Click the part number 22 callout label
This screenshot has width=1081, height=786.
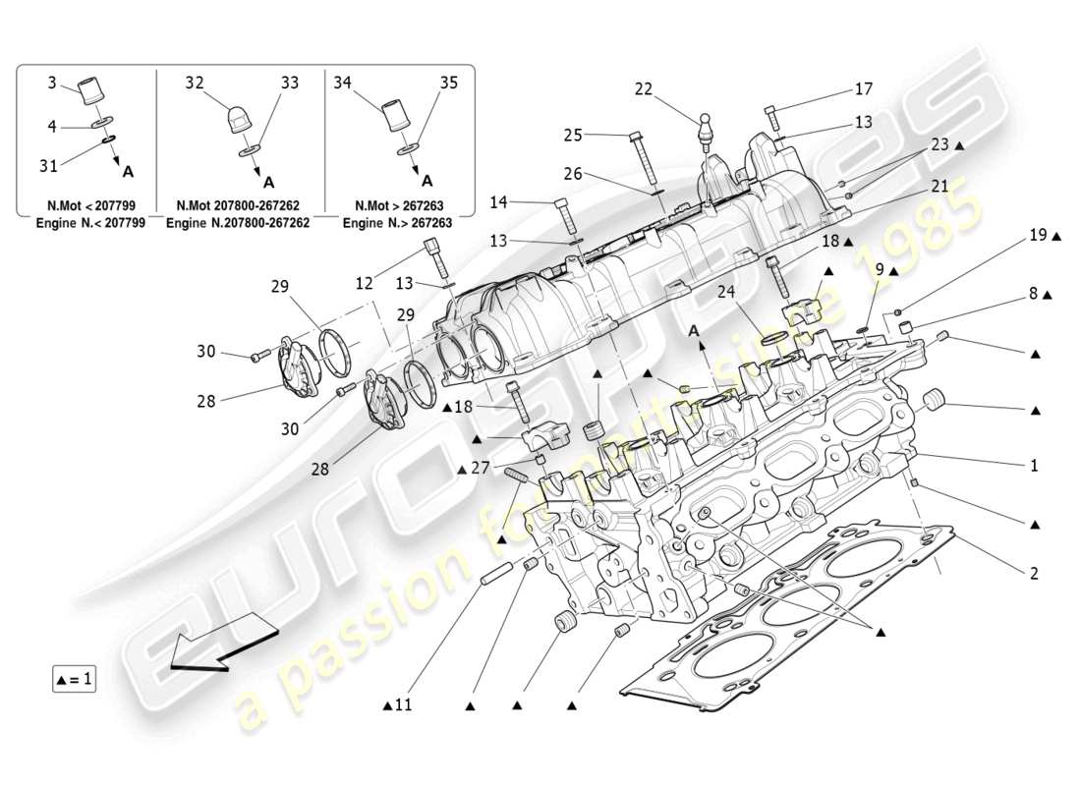point(643,89)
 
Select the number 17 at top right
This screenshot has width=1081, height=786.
point(863,89)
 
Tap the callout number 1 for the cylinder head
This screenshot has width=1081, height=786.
point(1033,465)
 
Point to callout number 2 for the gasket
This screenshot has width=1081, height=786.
point(1033,572)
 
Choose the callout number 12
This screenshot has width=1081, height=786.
point(365,283)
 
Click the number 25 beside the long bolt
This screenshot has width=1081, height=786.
point(573,135)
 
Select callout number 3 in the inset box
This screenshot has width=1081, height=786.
point(52,84)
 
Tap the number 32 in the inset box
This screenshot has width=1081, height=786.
point(194,84)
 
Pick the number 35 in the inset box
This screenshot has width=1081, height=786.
point(448,84)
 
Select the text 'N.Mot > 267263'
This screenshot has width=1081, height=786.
point(398,206)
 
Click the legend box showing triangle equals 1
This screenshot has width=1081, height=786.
point(74,679)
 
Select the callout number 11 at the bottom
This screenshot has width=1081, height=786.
point(404,704)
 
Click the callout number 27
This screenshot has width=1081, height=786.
point(479,469)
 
